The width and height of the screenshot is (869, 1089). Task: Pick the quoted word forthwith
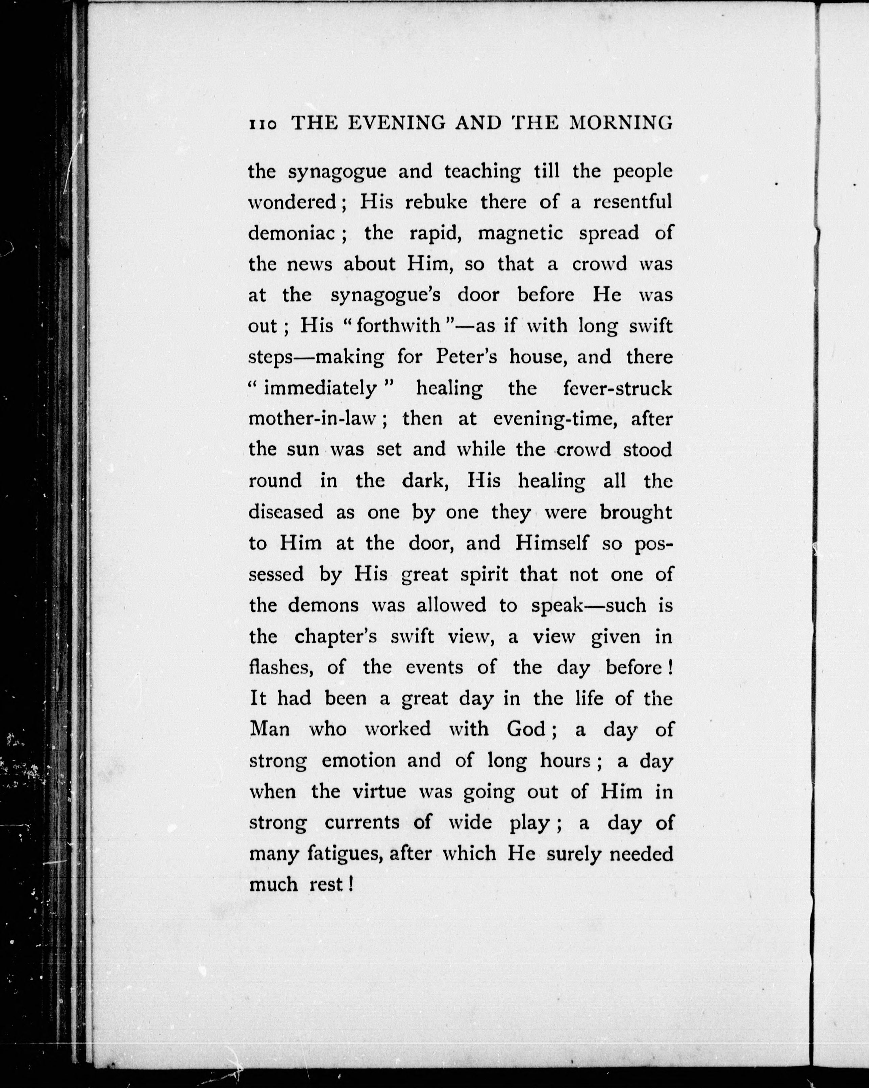click(398, 326)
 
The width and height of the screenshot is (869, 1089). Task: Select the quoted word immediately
click(320, 388)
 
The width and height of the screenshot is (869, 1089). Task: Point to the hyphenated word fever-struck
click(617, 388)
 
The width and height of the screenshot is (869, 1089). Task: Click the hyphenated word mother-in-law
click(313, 419)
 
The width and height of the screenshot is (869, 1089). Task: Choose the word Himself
click(552, 543)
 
